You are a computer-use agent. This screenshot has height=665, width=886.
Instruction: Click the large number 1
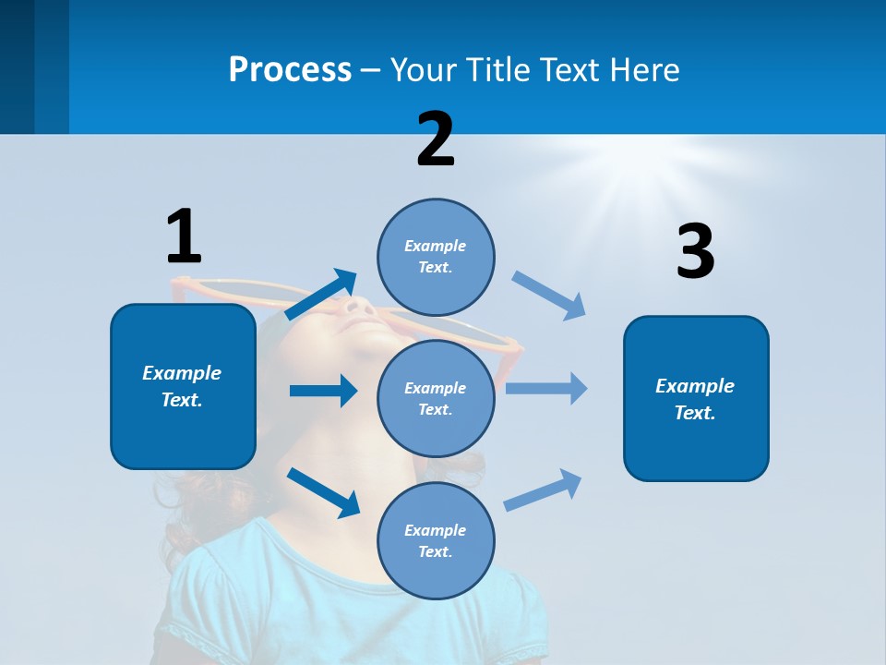pos(184,236)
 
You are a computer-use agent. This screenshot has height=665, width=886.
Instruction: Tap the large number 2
pos(436,139)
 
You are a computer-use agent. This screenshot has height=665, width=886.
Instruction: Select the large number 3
pos(695,251)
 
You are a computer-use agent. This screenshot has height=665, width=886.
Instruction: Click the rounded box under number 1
pos(183,386)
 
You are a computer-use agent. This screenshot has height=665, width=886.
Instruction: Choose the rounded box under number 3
pos(696,398)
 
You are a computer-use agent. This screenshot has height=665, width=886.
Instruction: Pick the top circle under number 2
pos(436,257)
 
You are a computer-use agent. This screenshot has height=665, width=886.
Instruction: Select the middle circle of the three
pos(436,398)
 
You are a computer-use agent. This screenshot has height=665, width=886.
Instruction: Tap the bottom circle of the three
pos(436,540)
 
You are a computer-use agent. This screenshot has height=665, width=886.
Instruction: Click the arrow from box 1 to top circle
pos(321,295)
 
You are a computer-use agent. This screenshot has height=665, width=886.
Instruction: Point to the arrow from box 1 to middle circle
pos(323,391)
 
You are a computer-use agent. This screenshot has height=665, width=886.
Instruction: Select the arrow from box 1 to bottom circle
pos(323,491)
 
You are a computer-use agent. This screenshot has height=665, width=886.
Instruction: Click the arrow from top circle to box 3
pos(549,296)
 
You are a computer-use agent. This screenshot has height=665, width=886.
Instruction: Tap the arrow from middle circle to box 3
pos(546,388)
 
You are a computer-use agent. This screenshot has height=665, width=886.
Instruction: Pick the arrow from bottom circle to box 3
pos(544,490)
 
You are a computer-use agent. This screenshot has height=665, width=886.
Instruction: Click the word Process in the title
pos(290,69)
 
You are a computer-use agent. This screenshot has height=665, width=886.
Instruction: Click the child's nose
pos(362,307)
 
